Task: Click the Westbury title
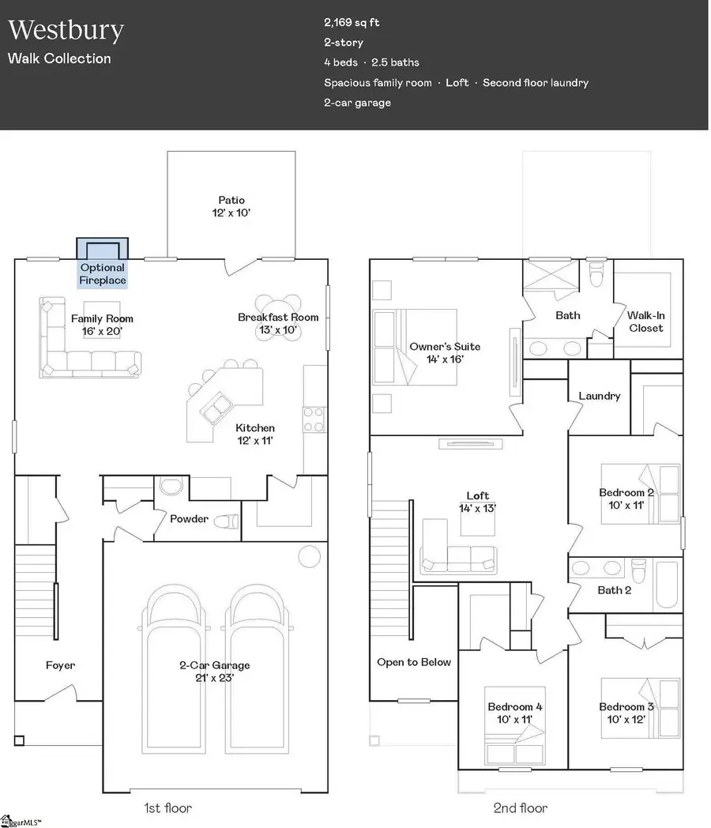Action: click(x=66, y=31)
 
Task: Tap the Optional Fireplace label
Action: click(x=103, y=274)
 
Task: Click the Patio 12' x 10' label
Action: click(x=231, y=207)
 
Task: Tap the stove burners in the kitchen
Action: click(x=314, y=414)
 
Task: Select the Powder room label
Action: click(x=190, y=519)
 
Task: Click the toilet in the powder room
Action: click(x=226, y=520)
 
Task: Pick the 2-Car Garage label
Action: click(x=213, y=671)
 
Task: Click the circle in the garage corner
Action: click(x=308, y=556)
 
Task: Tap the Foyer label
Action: click(x=60, y=665)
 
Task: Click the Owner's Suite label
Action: click(x=445, y=352)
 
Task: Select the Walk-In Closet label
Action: click(x=646, y=322)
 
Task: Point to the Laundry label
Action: click(x=600, y=396)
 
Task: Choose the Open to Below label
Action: click(x=414, y=662)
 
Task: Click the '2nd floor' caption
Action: click(x=520, y=808)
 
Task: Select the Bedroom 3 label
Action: click(x=626, y=712)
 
